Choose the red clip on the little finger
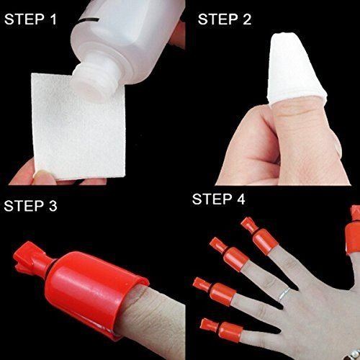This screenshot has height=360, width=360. (x=212, y=328)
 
